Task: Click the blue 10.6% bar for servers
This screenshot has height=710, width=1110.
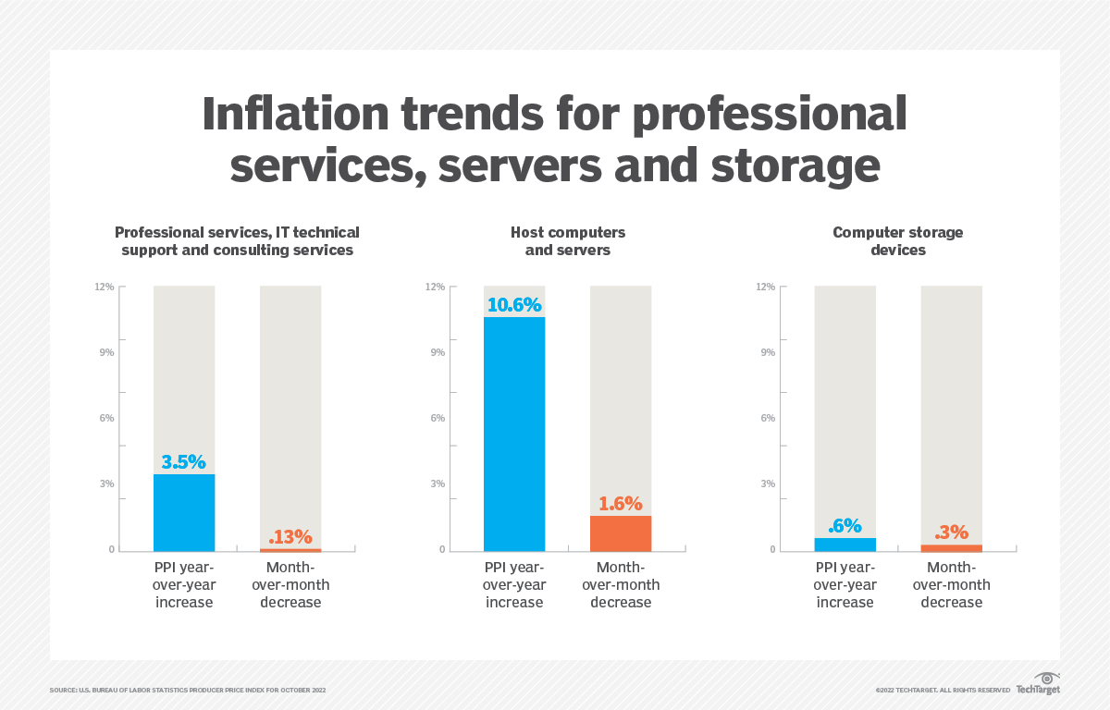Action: pyautogui.click(x=514, y=435)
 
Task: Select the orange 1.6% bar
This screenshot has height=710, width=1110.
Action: pyautogui.click(x=621, y=533)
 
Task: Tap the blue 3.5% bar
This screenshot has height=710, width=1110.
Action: pyautogui.click(x=184, y=513)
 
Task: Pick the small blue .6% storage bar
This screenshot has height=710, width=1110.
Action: pyautogui.click(x=845, y=545)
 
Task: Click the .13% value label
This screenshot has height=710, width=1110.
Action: pyautogui.click(x=290, y=537)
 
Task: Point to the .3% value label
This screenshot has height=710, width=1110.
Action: pyautogui.click(x=951, y=532)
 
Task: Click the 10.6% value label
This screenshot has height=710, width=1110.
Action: pyautogui.click(x=514, y=304)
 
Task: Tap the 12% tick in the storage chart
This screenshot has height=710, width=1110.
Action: pyautogui.click(x=765, y=287)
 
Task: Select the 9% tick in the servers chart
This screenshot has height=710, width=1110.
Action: pyautogui.click(x=436, y=352)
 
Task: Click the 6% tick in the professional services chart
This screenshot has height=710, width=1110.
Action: pyautogui.click(x=106, y=418)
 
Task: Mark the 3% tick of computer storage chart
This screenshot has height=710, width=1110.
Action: pyautogui.click(x=767, y=484)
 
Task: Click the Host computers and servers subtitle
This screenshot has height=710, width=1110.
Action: pyautogui.click(x=568, y=240)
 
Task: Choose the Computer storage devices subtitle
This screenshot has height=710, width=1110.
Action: pyautogui.click(x=897, y=240)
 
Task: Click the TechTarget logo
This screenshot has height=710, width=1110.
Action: pyautogui.click(x=1038, y=683)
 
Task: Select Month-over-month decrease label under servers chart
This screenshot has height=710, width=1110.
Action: pyautogui.click(x=621, y=585)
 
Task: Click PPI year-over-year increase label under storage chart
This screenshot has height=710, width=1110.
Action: pyautogui.click(x=845, y=585)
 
